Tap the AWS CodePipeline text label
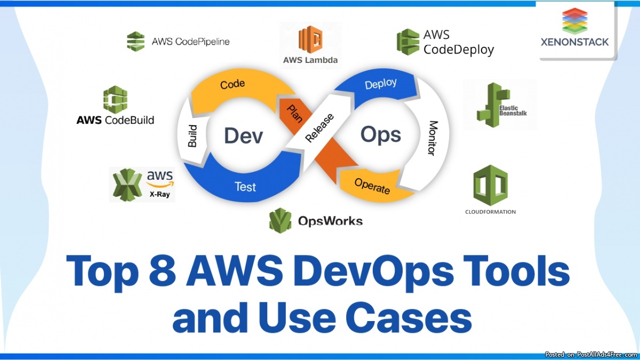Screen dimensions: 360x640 190,41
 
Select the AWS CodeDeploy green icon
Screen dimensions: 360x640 408,42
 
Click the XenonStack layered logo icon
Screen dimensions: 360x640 574,21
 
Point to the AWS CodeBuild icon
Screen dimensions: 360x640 115,99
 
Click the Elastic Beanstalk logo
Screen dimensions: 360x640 499,105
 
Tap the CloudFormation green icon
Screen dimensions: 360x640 490,185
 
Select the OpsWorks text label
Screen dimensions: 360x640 330,221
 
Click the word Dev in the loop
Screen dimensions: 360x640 244,135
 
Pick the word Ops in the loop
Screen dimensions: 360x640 380,134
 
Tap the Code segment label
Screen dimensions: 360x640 233,84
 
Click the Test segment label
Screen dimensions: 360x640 245,187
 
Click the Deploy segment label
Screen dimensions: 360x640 380,84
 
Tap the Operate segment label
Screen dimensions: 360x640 372,186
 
